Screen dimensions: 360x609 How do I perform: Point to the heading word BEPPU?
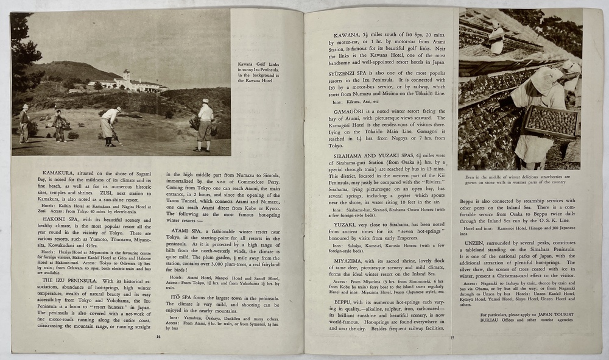pyautogui.click(x=346, y=302)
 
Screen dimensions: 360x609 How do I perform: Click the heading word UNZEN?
pyautogui.click(x=474, y=241)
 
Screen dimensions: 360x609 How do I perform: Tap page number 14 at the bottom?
pyautogui.click(x=158, y=336)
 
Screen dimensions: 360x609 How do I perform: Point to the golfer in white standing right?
pyautogui.click(x=205, y=125)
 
